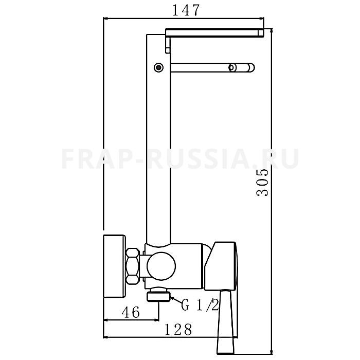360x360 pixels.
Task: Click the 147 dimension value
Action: (186, 10)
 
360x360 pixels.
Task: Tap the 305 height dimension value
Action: (262, 182)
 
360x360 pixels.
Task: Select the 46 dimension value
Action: (131, 312)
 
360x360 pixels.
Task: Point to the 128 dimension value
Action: (178, 330)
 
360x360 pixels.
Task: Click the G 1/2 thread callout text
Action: (200, 304)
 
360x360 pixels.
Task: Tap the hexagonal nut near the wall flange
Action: (133, 266)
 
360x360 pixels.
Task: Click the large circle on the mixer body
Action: (161, 266)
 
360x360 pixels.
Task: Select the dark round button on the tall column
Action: (158, 67)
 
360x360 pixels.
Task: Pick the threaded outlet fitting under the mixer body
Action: (158, 294)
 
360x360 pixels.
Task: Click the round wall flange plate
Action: (114, 266)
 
